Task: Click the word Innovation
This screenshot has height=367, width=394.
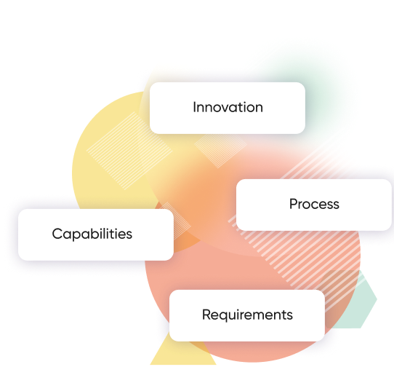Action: click(228, 107)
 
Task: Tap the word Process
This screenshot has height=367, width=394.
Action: click(314, 204)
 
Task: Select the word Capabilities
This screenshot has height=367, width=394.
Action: click(92, 234)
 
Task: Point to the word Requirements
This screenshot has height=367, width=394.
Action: click(247, 315)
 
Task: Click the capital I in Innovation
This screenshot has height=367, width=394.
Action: click(194, 107)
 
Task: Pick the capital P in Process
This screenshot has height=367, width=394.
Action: click(294, 204)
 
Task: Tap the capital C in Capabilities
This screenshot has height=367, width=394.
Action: click(57, 234)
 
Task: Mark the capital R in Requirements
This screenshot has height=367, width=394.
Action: click(206, 315)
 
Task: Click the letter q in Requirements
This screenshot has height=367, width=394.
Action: click(225, 317)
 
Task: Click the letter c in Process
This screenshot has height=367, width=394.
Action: click(317, 205)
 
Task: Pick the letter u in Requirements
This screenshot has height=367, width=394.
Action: click(234, 316)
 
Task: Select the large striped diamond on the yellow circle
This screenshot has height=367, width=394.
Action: click(129, 151)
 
